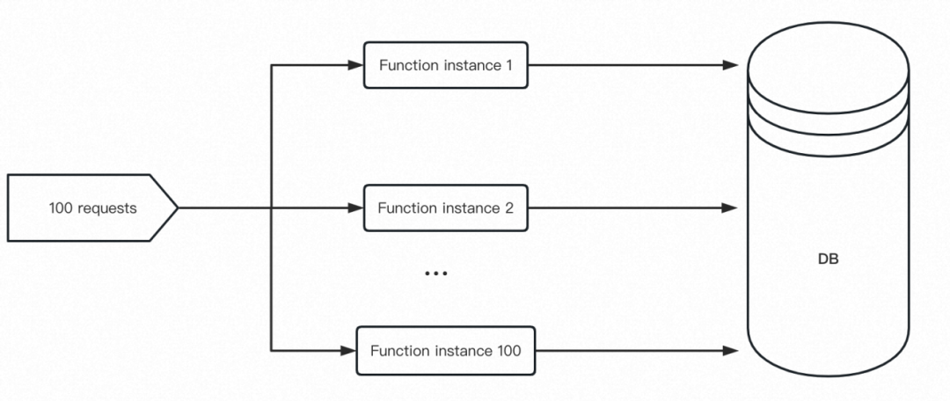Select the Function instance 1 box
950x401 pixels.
(446, 65)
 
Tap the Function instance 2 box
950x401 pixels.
(446, 208)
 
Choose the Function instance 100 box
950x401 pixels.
(446, 351)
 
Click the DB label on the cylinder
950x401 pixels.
(829, 259)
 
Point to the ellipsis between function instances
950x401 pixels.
(435, 273)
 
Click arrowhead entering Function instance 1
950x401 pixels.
(355, 65)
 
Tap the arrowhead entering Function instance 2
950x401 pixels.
(355, 208)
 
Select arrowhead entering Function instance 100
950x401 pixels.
(348, 351)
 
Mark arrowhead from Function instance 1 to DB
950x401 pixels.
(730, 65)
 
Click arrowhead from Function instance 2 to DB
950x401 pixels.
(730, 208)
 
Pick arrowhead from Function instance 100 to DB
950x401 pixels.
(730, 351)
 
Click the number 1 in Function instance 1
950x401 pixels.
(508, 65)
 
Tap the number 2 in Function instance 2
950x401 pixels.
(509, 208)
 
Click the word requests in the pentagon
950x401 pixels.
(107, 209)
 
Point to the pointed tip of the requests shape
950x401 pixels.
(178, 208)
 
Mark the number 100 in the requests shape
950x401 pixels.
(61, 208)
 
